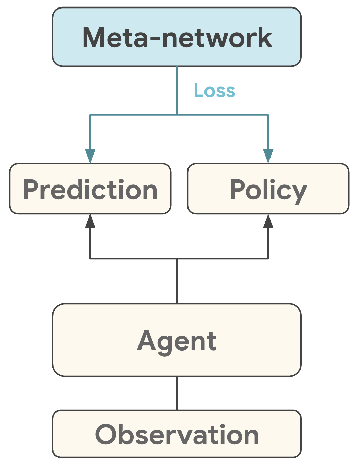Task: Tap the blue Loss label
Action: [x=214, y=91]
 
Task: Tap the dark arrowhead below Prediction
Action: [x=90, y=221]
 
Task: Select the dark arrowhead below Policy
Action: [x=268, y=221]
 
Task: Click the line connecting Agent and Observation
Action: [x=177, y=393]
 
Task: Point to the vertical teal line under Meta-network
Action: [x=177, y=90]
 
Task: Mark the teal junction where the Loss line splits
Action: [x=177, y=115]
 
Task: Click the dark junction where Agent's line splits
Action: [x=177, y=259]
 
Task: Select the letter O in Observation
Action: [x=106, y=435]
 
